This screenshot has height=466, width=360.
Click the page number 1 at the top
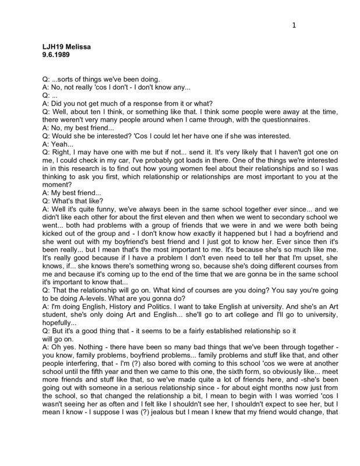coord(295,25)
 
